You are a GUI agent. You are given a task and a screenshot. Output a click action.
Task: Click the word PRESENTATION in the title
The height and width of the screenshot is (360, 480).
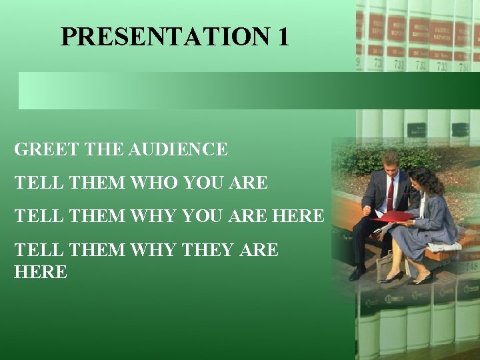[x=164, y=36]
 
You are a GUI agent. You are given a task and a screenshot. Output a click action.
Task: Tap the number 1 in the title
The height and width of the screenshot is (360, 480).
[x=281, y=36]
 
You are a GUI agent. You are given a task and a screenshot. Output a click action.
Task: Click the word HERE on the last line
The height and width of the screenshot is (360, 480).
[x=41, y=272]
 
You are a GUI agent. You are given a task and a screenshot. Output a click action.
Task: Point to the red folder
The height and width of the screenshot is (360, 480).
[x=393, y=216]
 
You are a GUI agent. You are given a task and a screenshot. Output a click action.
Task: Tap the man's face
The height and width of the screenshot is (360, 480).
[x=390, y=164]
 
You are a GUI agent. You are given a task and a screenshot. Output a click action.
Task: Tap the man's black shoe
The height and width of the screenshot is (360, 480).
[x=358, y=273]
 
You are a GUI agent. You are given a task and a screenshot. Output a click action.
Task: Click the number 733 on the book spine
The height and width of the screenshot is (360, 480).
[x=441, y=66]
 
